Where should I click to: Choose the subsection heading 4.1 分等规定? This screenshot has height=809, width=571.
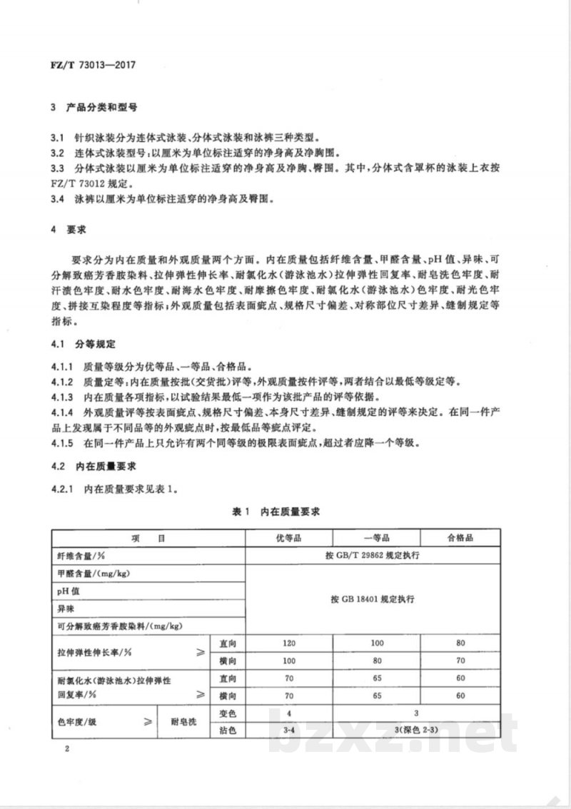pyautogui.click(x=81, y=344)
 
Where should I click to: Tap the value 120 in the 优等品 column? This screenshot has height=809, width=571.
pyautogui.click(x=289, y=644)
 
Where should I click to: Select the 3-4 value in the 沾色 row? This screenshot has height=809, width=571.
pyautogui.click(x=289, y=731)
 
